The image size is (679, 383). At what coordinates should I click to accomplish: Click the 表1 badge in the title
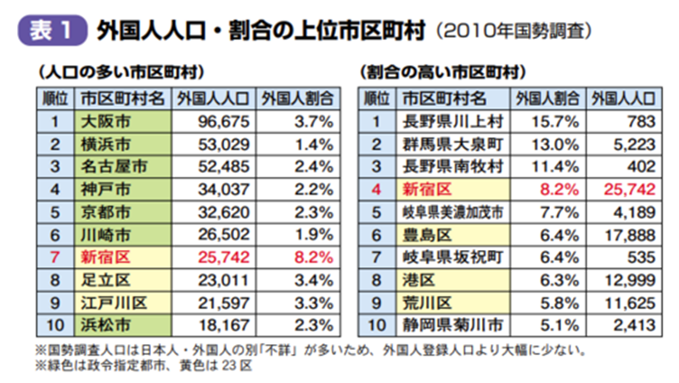[52, 31]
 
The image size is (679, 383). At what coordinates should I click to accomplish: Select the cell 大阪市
[121, 120]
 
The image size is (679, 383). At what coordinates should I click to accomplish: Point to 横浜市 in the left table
[121, 142]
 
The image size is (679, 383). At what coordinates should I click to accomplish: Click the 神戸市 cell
[121, 186]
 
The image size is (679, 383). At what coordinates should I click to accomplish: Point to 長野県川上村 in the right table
[452, 120]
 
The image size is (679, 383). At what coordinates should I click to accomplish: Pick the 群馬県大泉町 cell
[452, 142]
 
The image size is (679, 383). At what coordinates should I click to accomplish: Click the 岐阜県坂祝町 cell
[452, 253]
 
